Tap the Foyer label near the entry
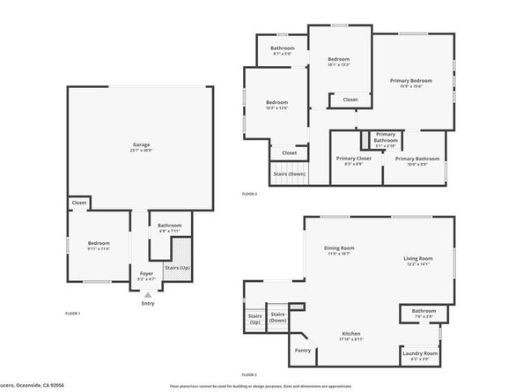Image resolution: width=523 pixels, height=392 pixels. [147, 274]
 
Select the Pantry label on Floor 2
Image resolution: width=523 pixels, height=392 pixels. [304, 351]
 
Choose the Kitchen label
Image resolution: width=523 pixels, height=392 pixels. [352, 334]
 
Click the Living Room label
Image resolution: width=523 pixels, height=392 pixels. [416, 258]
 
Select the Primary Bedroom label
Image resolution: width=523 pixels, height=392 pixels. [411, 81]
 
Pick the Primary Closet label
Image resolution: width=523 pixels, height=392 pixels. [353, 159]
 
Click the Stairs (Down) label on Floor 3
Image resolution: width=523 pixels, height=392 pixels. [289, 174]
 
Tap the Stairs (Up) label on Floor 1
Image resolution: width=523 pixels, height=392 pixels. [180, 267]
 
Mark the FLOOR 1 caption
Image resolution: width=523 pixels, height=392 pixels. [73, 314]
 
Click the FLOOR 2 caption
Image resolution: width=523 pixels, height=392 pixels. [249, 374]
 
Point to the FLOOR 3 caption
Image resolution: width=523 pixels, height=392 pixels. [249, 193]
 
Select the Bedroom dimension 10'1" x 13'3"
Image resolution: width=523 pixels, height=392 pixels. [339, 64]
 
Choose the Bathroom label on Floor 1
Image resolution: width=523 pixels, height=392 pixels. [169, 226]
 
